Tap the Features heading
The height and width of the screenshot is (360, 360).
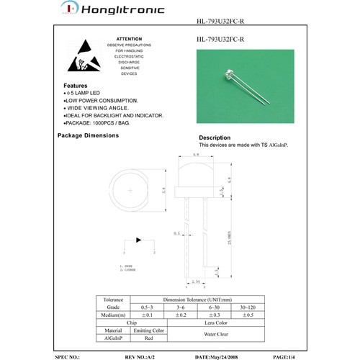coord(76,85)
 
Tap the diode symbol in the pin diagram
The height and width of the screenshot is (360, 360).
coord(138,240)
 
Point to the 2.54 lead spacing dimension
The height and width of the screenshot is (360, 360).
coord(197,282)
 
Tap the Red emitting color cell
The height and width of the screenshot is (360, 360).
coord(148,338)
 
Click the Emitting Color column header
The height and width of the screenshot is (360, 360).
coord(148,330)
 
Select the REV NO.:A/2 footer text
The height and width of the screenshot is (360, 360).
coord(141,356)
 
